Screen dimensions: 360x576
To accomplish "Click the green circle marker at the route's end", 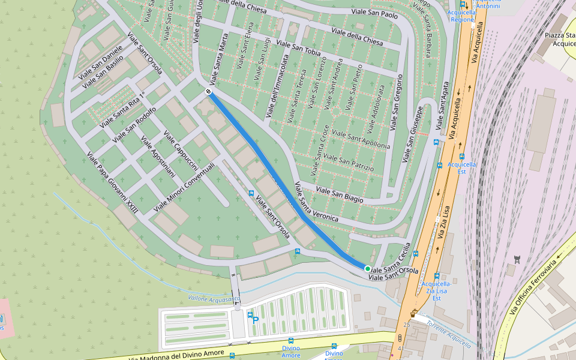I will tap(367, 269).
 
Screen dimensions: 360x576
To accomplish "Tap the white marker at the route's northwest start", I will tap(208, 91).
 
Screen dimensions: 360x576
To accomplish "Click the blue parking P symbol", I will tap(256, 320).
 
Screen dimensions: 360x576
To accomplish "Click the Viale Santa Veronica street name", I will tap(316, 203).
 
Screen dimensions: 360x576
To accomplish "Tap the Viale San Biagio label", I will tap(340, 194).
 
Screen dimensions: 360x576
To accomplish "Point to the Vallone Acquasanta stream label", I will tap(214, 298).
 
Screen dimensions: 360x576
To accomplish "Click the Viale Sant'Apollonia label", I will tap(361, 139).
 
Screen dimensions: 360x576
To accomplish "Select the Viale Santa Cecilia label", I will tap(389, 258).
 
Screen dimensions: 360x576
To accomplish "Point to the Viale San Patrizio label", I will tap(348, 161).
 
